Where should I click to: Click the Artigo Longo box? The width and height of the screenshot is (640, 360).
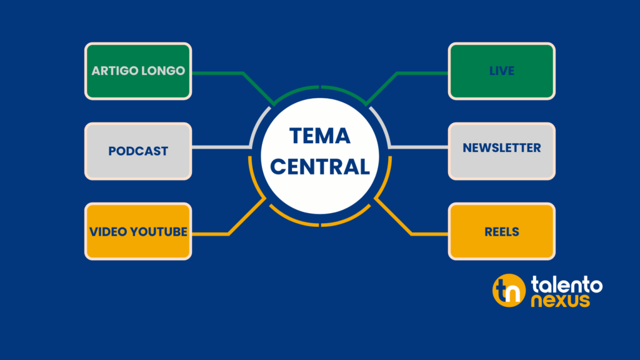138,71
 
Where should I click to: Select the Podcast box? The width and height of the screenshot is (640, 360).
138,151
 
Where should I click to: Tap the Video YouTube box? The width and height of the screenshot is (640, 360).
138,231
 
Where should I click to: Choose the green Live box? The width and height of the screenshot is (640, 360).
501,71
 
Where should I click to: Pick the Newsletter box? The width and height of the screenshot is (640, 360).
501,149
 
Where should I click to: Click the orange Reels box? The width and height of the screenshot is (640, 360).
501,231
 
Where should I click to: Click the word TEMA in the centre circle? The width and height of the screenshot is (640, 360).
320,136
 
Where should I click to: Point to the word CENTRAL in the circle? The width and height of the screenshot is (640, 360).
320,167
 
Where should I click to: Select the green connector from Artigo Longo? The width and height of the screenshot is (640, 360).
219,73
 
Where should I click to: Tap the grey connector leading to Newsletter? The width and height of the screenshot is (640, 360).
419,147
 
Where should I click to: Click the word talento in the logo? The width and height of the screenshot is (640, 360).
567,285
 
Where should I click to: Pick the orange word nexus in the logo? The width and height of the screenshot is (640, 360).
560,301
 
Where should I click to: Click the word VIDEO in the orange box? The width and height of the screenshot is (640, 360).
107,231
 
